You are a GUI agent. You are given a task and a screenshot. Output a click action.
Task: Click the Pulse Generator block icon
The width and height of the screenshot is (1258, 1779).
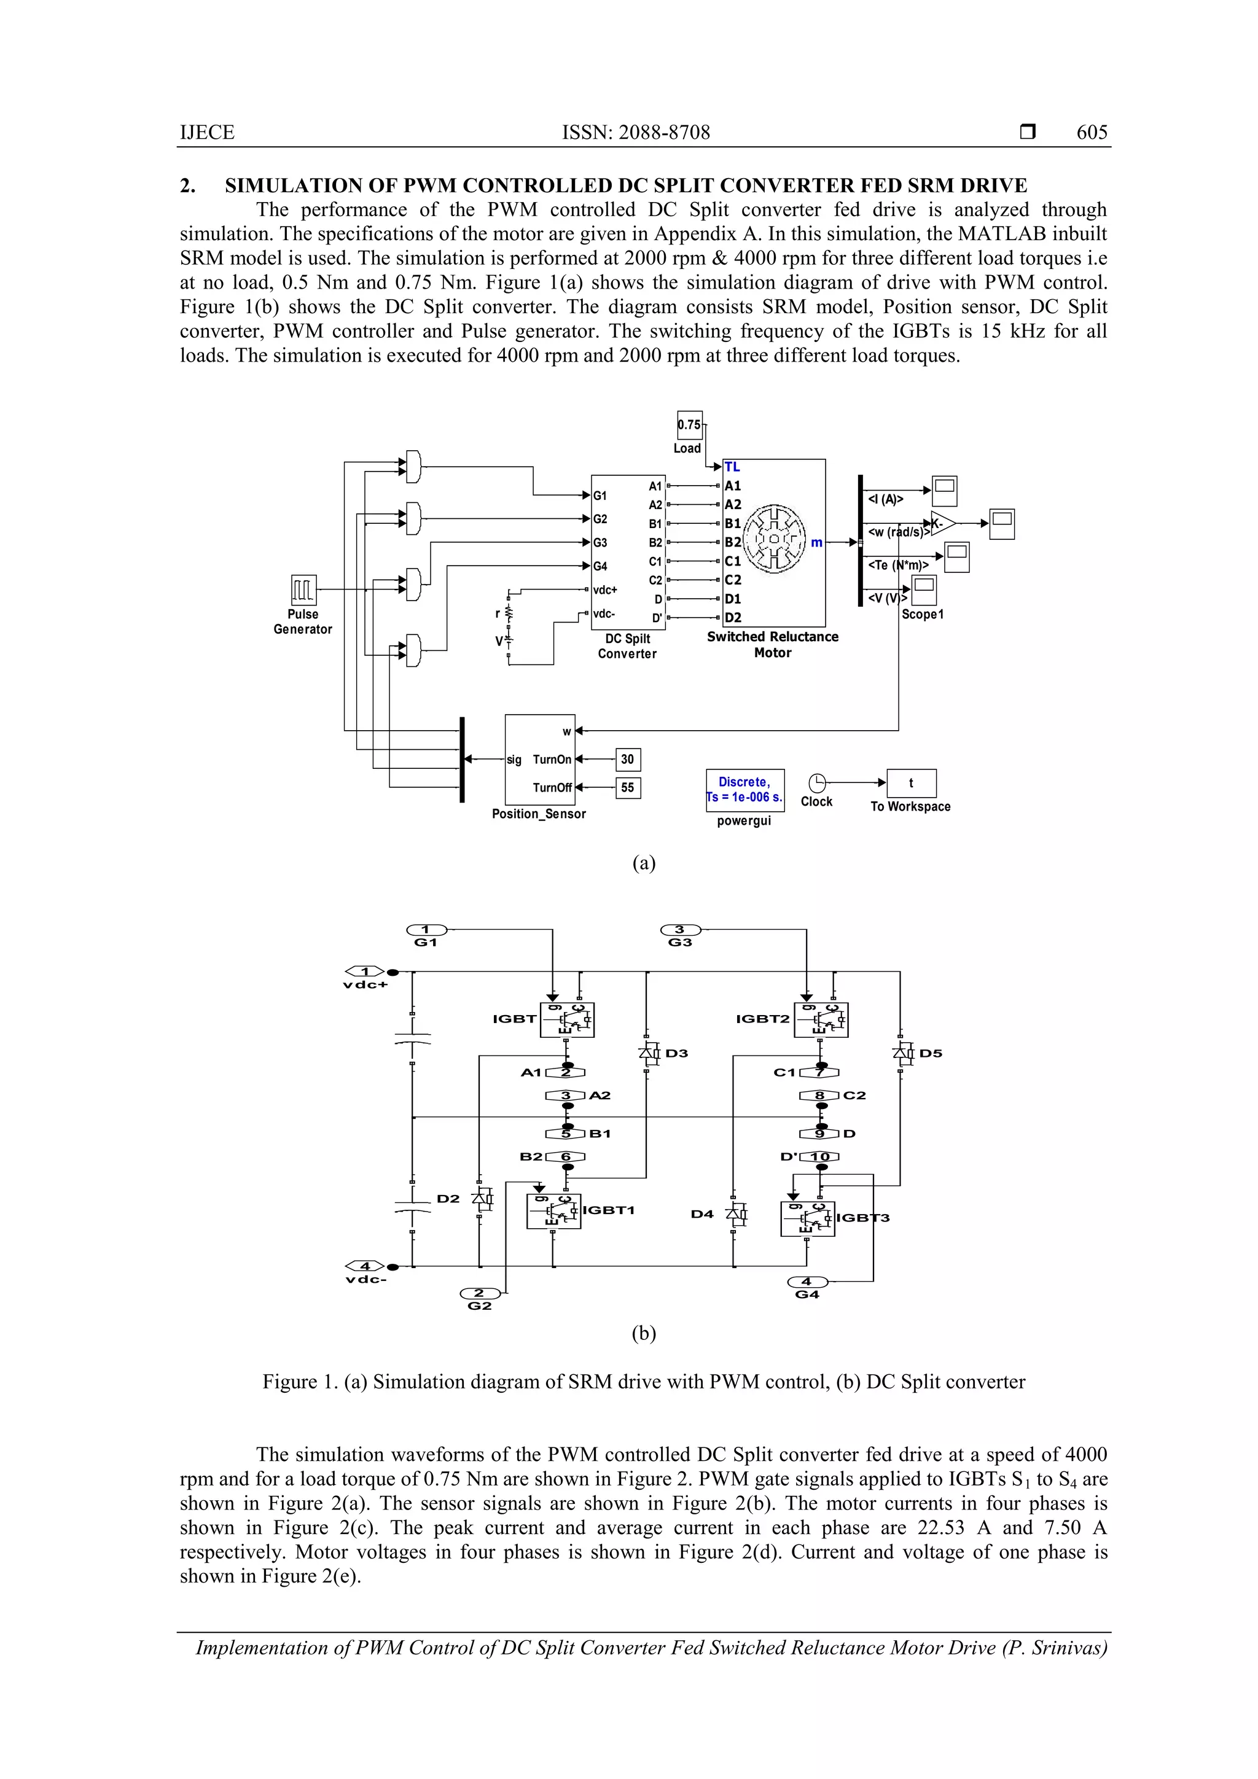(x=303, y=590)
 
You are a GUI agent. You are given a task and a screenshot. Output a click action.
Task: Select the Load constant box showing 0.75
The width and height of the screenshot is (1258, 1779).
(x=689, y=424)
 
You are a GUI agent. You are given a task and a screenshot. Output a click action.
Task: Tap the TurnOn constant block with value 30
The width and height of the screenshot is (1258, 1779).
(x=628, y=760)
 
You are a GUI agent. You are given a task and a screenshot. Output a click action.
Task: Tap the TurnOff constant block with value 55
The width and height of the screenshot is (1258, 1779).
(x=628, y=787)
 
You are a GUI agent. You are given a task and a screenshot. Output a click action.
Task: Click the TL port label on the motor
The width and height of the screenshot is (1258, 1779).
(x=732, y=467)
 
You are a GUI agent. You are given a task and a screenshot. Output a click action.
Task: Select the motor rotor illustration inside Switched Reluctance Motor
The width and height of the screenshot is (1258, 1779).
(x=775, y=539)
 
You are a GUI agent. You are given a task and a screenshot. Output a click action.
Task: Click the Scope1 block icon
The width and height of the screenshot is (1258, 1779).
(x=923, y=590)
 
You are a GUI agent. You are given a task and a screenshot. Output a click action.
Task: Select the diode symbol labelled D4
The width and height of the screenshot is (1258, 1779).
(x=736, y=1214)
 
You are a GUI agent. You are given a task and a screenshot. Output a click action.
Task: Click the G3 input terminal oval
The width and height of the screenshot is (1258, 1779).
(x=680, y=930)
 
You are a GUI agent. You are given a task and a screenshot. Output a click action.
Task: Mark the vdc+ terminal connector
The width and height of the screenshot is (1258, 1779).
(x=365, y=971)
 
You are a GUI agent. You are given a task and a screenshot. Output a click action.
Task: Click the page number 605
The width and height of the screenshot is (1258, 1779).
(x=1092, y=133)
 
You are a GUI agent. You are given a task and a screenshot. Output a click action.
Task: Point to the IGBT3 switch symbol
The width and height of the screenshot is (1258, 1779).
(x=807, y=1219)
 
